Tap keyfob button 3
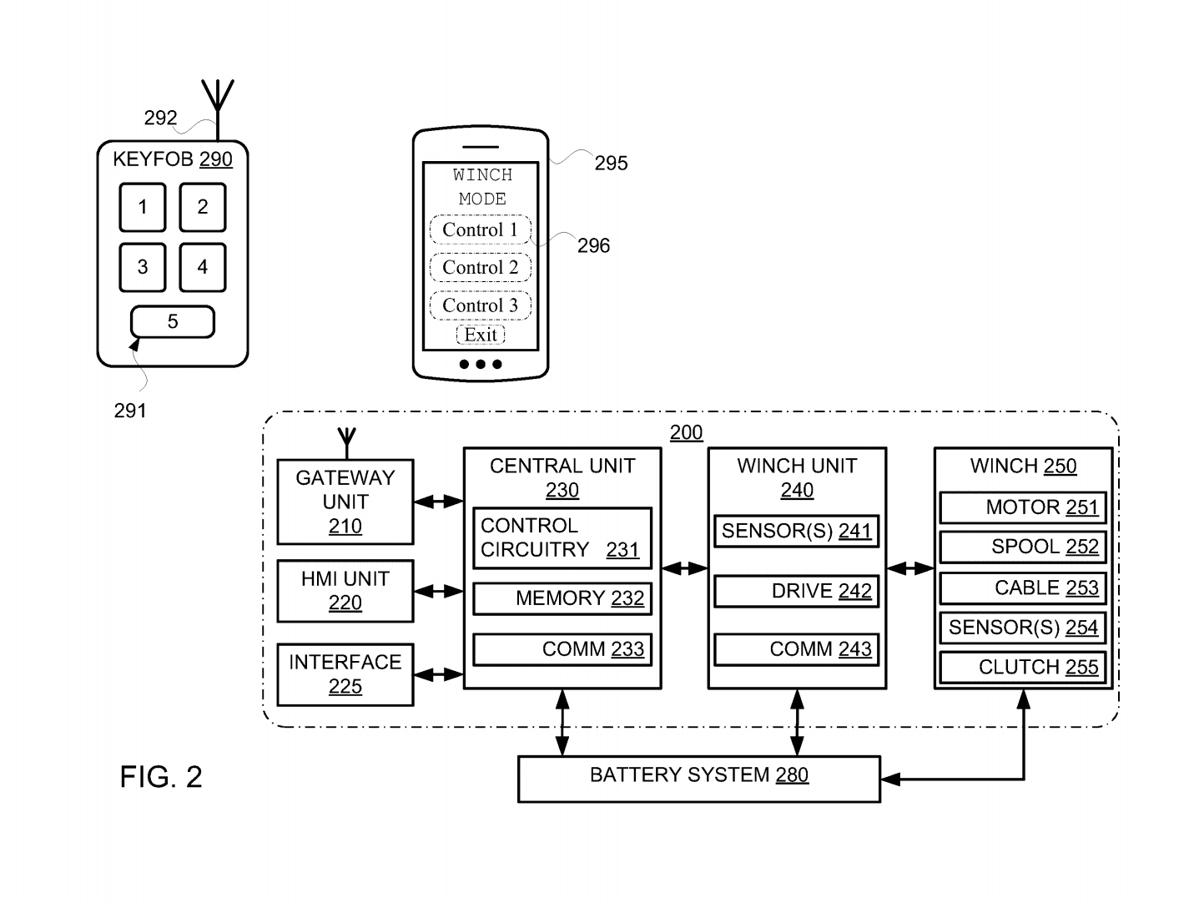[143, 267]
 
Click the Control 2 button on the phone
[480, 267]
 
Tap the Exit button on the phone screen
[481, 335]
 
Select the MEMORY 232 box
[562, 598]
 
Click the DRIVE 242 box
[796, 591]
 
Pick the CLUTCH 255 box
[1023, 667]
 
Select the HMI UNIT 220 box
[345, 591]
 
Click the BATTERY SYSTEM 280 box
[699, 779]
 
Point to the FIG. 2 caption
[161, 776]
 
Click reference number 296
[593, 246]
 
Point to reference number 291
[130, 411]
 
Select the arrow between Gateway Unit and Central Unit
[438, 502]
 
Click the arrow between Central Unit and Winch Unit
[684, 568]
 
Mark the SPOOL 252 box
[1023, 547]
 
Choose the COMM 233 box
[562, 649]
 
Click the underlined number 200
[686, 432]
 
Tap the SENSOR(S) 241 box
[796, 531]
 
